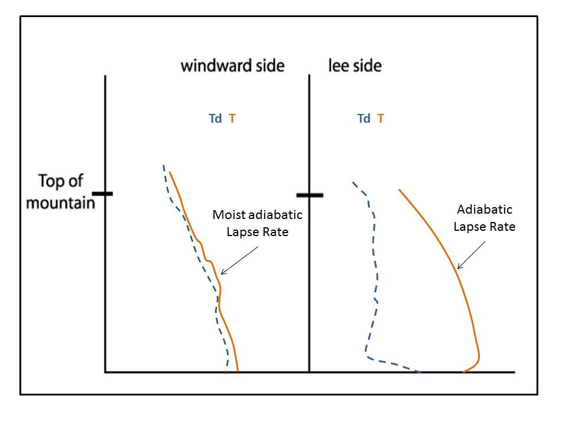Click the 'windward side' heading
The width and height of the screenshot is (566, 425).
click(x=232, y=65)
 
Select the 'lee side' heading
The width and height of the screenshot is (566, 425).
click(x=354, y=65)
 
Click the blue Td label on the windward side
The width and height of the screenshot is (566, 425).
click(x=215, y=119)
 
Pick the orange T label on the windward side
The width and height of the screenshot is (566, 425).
click(x=232, y=119)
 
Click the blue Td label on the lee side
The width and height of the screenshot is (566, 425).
click(x=364, y=119)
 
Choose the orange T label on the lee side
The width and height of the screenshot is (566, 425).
click(x=381, y=119)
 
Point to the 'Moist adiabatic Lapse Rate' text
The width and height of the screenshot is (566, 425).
click(x=258, y=223)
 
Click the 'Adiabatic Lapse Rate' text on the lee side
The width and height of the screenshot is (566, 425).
click(x=485, y=218)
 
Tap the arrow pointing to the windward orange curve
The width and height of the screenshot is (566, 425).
click(x=239, y=260)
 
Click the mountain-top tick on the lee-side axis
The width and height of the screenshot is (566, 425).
click(x=310, y=194)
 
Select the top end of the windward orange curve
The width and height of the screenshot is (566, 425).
click(x=170, y=172)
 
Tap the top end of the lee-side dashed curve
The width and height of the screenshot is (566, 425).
click(x=353, y=182)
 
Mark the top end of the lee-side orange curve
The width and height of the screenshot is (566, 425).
click(x=400, y=190)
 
